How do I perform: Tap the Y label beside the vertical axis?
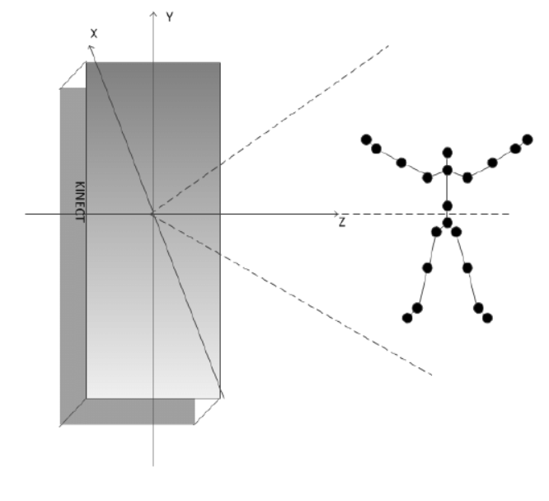(169, 17)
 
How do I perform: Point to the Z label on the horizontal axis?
(341, 223)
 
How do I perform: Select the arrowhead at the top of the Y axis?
(152, 14)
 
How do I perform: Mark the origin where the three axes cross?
(152, 214)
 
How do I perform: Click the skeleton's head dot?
(448, 152)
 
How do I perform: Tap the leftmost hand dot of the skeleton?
(366, 139)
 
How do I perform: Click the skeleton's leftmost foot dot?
(406, 318)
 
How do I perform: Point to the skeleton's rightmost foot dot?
(488, 318)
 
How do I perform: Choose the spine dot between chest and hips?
(448, 206)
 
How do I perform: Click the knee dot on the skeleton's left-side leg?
(427, 267)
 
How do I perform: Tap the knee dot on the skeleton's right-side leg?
(467, 267)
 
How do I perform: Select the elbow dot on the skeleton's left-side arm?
(401, 163)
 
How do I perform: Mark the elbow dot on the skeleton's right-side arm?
(493, 163)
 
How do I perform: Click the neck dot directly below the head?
(448, 171)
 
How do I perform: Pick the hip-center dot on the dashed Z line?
(448, 222)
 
